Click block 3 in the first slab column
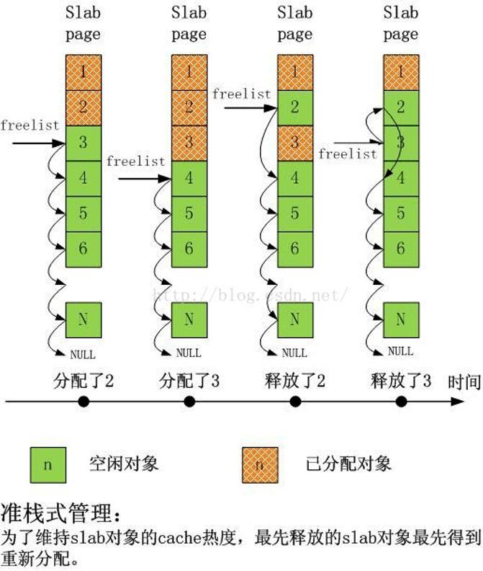click(x=83, y=143)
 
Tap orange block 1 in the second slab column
click(x=189, y=73)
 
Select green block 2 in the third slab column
click(x=294, y=108)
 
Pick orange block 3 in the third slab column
click(x=294, y=143)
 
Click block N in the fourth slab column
click(x=400, y=319)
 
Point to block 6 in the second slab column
click(x=189, y=249)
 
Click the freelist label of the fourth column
click(x=348, y=154)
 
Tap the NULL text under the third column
click(x=294, y=353)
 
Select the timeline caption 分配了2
click(x=83, y=381)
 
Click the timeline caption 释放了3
click(x=401, y=381)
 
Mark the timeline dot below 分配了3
click(x=189, y=402)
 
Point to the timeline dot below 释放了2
click(x=295, y=402)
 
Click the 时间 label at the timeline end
click(x=464, y=381)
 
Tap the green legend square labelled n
click(x=48, y=465)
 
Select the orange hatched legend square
click(x=259, y=465)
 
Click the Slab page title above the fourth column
click(x=400, y=23)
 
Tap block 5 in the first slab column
click(x=83, y=213)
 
